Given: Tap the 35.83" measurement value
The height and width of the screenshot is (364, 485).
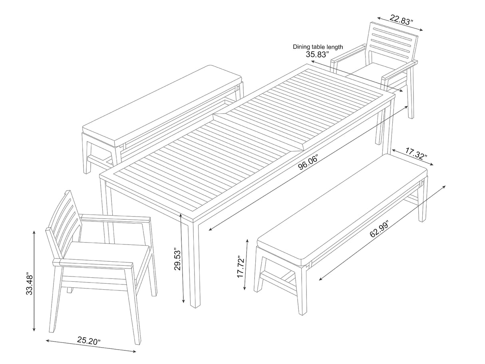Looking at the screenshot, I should pos(318,54).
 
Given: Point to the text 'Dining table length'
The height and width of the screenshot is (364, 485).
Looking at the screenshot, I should pos(318,47).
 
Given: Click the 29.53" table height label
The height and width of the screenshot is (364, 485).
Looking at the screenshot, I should pos(177,260).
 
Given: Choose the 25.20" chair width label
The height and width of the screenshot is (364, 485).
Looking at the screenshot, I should pos(89,341).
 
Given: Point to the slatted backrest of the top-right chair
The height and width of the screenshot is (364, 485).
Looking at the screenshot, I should pos(393,42).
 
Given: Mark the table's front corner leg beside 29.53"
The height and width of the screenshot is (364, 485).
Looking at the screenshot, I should pos(195,264).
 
